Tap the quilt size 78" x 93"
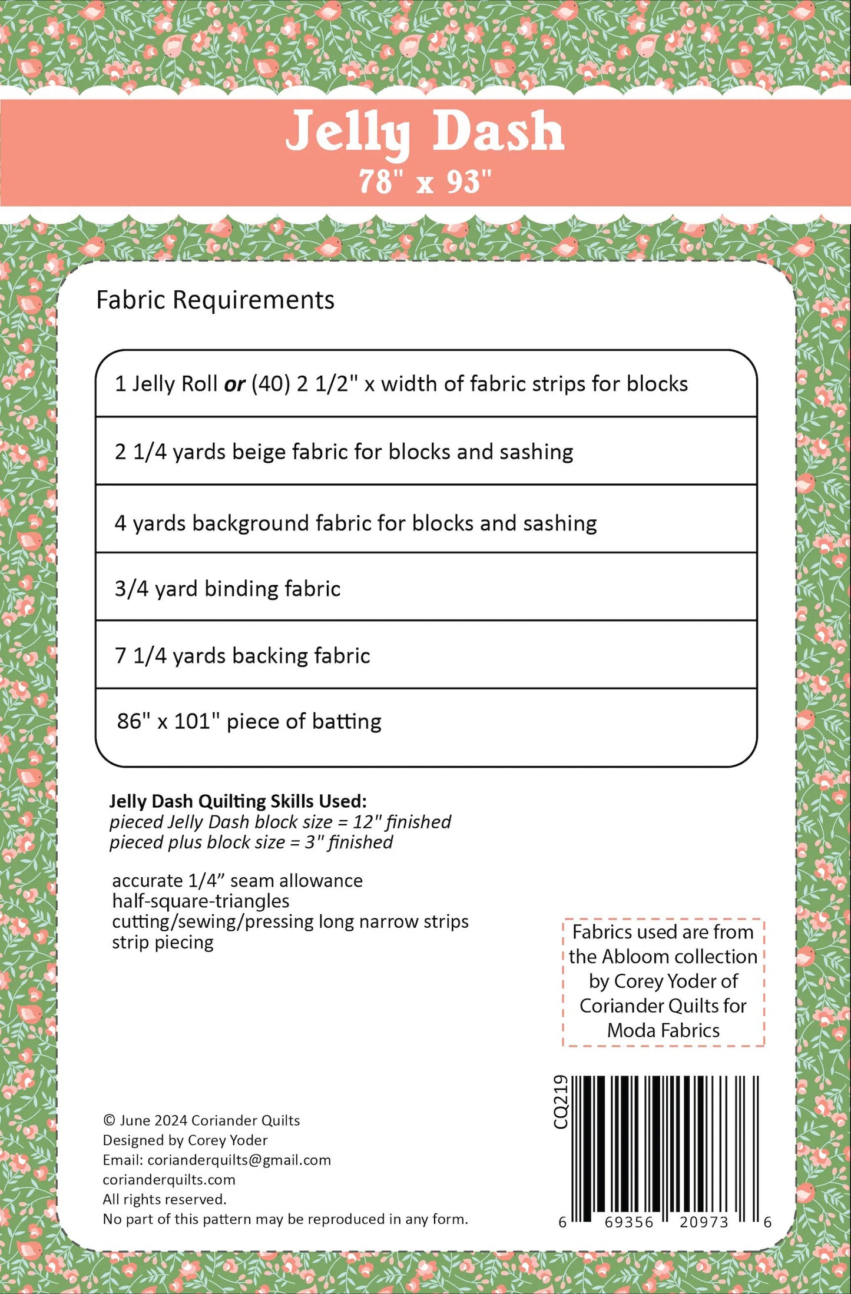(425, 182)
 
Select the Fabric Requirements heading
(215, 300)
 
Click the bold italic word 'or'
(234, 384)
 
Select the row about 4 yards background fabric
(355, 523)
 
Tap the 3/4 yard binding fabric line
(227, 589)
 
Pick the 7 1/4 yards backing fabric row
(242, 656)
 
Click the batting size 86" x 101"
(164, 722)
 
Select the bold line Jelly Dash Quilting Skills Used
(238, 801)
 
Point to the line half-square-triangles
(200, 901)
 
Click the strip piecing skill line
(163, 943)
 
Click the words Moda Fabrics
(663, 1031)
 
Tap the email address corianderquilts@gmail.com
(239, 1160)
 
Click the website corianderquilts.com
(169, 1180)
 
